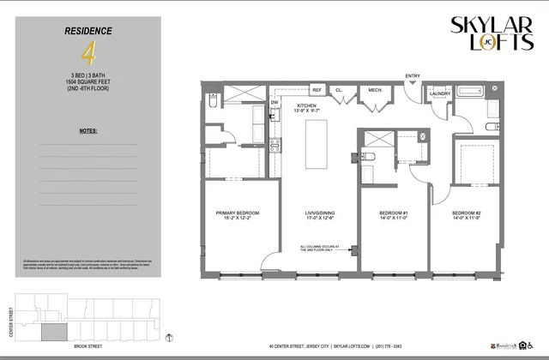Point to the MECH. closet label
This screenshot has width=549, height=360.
coord(375,89)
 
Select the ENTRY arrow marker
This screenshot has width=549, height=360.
coord(413,83)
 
